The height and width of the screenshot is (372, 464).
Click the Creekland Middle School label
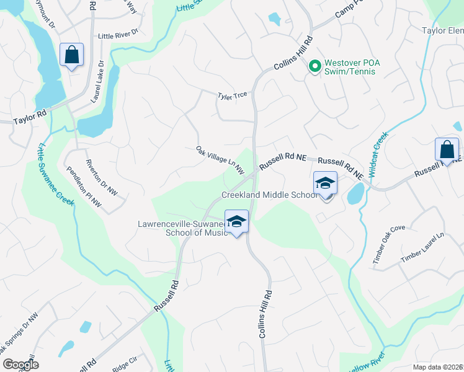[270, 195]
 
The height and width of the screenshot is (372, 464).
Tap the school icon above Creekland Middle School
[326, 183]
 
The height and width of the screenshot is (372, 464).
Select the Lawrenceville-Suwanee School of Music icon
[236, 222]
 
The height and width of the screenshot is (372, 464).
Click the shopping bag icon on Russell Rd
[447, 150]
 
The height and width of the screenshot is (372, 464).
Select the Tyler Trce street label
[232, 95]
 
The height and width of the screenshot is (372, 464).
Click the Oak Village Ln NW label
[220, 159]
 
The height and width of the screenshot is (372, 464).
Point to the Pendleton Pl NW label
[83, 184]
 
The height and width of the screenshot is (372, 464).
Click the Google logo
[20, 364]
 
